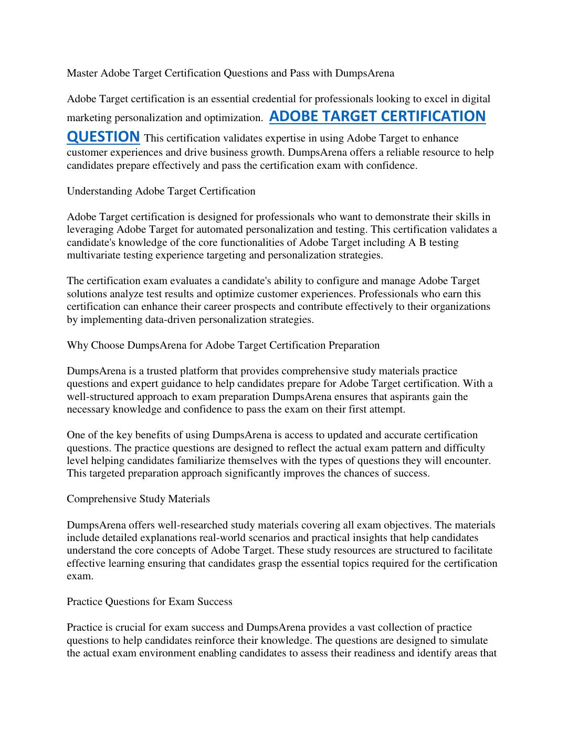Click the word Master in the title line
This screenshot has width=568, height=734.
point(82,73)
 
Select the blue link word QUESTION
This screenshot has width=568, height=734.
point(103,136)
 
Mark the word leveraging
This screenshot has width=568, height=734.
point(90,230)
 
